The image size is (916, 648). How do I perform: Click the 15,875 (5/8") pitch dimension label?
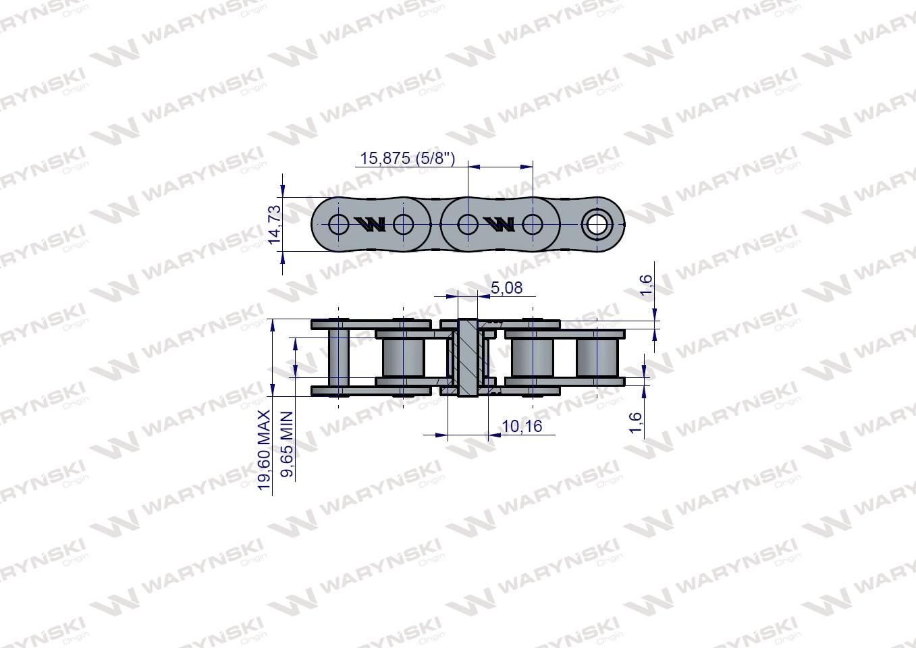408,159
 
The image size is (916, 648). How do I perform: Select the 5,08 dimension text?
506,288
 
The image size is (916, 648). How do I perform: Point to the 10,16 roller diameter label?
521,427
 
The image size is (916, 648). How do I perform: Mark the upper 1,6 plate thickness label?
646,285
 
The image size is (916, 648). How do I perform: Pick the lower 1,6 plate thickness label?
635,423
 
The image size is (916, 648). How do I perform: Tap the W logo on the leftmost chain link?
371,224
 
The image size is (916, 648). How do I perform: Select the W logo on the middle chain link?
500,224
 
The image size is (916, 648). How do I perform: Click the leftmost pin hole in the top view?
338,223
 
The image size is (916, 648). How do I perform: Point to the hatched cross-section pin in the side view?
466,357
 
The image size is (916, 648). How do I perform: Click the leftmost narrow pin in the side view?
338,358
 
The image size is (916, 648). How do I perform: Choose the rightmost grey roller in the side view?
596,358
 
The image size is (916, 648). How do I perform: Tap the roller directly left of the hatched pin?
402,358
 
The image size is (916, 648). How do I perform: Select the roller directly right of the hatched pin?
533,358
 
